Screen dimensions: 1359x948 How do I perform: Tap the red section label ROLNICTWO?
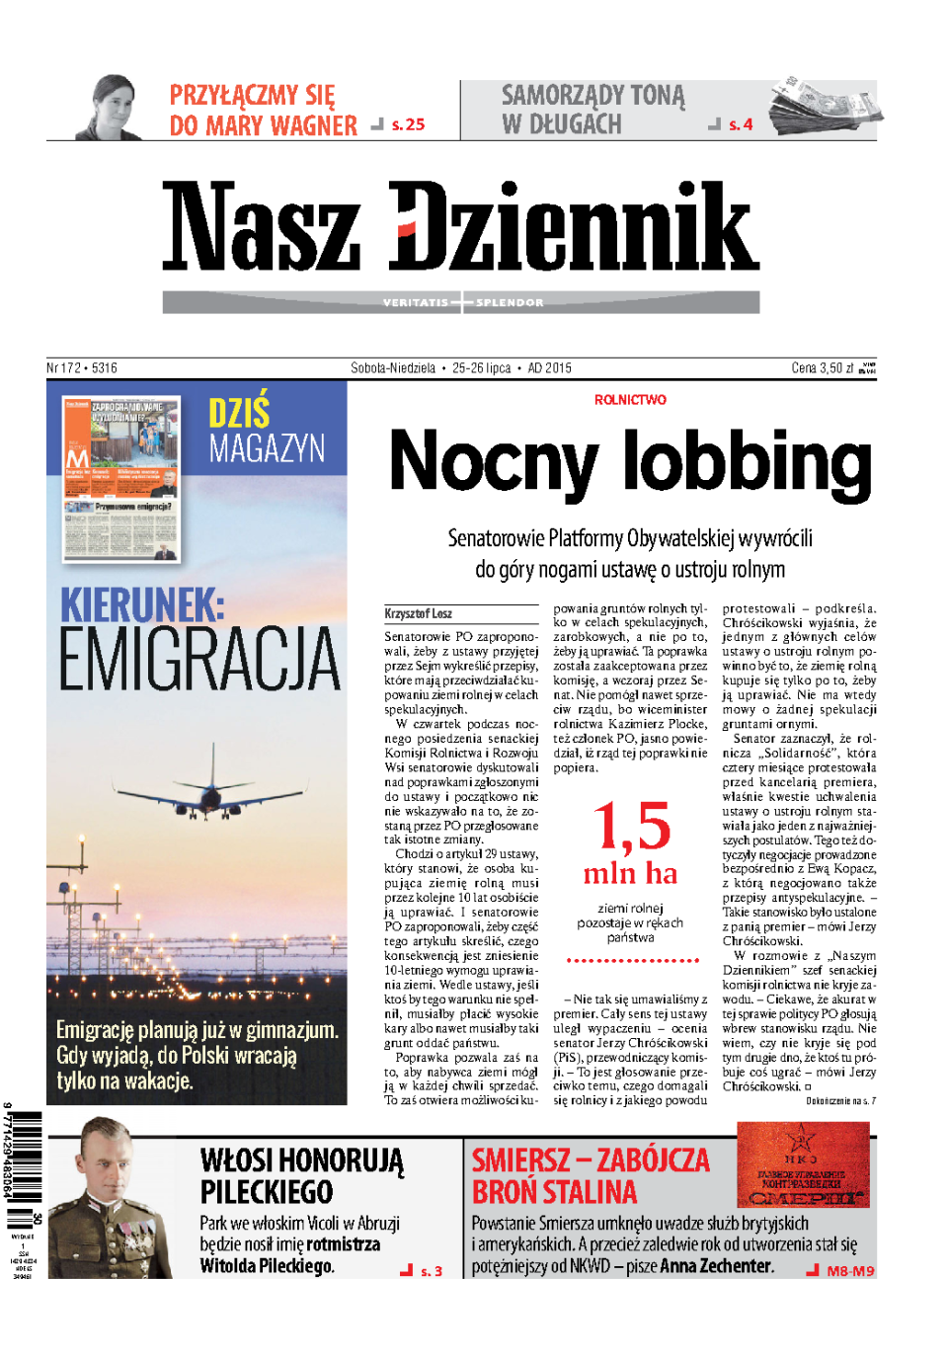click(x=630, y=400)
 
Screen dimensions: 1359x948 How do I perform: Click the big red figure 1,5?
click(x=631, y=826)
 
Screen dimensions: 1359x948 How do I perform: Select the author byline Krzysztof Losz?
click(x=419, y=613)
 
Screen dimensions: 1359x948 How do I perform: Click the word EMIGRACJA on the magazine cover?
click(x=199, y=660)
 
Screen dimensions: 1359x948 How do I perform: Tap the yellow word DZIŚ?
click(x=239, y=412)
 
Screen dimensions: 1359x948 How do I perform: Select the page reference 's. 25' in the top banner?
click(x=408, y=124)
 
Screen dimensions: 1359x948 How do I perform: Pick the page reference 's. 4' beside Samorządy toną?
click(x=741, y=124)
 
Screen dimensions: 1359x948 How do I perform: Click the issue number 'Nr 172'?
click(x=64, y=368)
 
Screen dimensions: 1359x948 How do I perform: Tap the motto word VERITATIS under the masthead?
click(x=415, y=302)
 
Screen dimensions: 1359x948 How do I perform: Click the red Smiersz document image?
click(x=803, y=1164)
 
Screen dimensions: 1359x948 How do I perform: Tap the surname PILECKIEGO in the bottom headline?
click(x=267, y=1192)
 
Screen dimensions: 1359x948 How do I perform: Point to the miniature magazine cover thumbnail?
click(x=121, y=479)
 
